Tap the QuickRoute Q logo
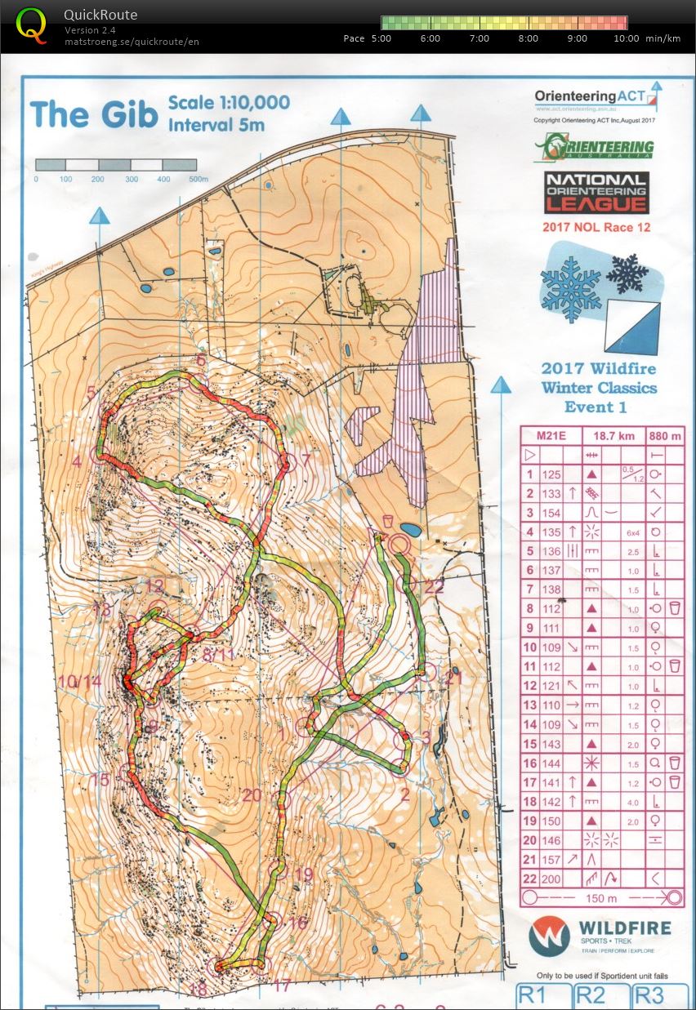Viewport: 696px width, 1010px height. (31, 24)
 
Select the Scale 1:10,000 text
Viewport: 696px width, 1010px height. (229, 103)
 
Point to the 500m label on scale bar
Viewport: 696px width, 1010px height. (198, 179)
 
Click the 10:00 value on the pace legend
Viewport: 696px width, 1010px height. (627, 38)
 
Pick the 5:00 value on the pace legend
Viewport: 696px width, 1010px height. (381, 38)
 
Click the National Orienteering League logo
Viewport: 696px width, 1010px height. (596, 193)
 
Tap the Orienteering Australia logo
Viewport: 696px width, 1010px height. (594, 148)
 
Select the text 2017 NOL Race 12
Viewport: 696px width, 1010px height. (596, 227)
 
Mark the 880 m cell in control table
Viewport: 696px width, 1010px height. (664, 436)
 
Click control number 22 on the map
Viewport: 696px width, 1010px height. (434, 585)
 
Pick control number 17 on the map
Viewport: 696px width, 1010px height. (282, 986)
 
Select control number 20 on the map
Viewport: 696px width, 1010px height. (252, 794)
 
